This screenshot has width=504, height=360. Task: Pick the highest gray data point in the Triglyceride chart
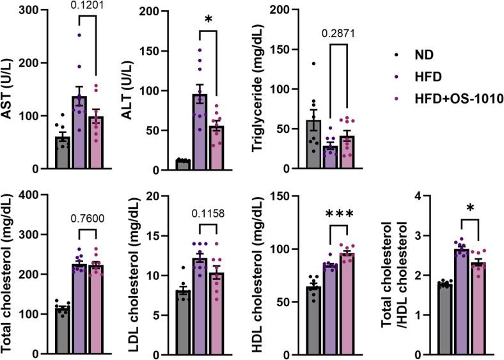297,63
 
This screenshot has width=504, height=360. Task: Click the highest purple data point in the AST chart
79,35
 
